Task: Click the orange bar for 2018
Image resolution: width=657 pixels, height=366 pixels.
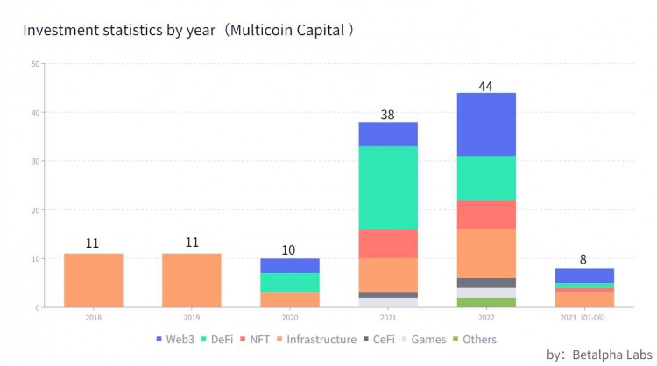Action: (94, 280)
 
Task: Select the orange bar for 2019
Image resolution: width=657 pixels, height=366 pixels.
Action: (191, 280)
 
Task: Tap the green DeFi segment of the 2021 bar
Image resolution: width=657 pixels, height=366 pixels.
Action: (388, 187)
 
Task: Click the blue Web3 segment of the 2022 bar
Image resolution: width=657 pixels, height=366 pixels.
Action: (485, 124)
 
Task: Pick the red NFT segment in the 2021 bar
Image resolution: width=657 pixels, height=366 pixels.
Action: (388, 243)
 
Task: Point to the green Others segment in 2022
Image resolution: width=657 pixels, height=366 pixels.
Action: (485, 302)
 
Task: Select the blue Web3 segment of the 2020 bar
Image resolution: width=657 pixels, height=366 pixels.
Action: (290, 265)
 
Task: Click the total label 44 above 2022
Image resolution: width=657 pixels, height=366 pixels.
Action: (486, 86)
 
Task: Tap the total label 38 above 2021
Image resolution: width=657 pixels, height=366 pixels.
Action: (388, 115)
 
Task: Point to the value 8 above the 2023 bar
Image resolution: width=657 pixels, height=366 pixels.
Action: (583, 260)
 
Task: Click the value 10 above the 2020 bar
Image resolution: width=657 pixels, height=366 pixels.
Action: (290, 250)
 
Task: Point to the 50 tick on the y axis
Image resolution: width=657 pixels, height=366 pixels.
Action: (34, 63)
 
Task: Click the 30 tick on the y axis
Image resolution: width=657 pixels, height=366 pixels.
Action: (34, 161)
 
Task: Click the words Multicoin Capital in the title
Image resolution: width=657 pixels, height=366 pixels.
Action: (296, 30)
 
